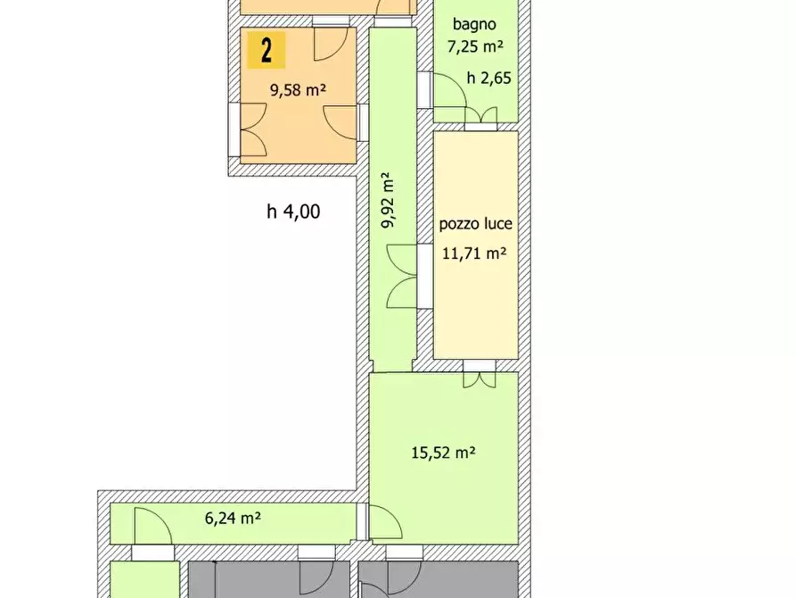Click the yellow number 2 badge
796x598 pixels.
tap(266, 50)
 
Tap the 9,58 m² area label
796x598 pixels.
tap(298, 90)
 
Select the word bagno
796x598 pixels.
tap(474, 24)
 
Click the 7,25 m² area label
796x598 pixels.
tap(475, 46)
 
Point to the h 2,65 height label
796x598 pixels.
tap(488, 78)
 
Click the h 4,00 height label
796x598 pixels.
tap(293, 211)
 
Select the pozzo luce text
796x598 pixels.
tap(476, 224)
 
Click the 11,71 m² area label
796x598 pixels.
tap(474, 253)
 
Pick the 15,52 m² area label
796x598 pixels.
tap(443, 452)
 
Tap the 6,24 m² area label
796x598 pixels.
tap(233, 519)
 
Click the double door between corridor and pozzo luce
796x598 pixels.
tap(402, 276)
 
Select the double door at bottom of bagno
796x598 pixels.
tap(480, 115)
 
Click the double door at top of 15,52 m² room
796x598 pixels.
tap(480, 380)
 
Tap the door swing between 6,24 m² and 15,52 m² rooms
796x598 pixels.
tap(385, 522)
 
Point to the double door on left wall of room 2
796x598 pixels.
tap(253, 129)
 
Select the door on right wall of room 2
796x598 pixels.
tap(340, 122)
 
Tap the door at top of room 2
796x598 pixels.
tap(332, 45)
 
